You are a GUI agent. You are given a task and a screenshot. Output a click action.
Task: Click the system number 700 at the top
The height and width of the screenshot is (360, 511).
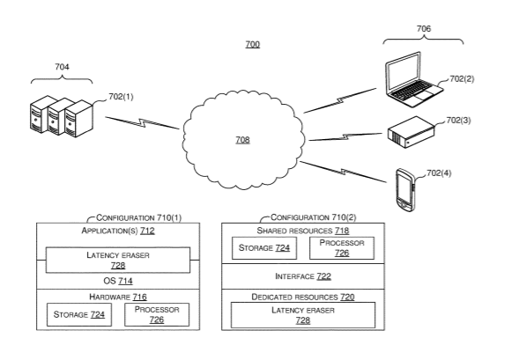click(x=253, y=44)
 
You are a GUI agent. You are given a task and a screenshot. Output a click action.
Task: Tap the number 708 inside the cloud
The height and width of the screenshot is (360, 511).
click(x=243, y=140)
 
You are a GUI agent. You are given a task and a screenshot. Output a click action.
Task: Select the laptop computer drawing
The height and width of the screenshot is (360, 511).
click(x=413, y=79)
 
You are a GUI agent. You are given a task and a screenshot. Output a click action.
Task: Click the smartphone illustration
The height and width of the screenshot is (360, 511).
click(x=405, y=190)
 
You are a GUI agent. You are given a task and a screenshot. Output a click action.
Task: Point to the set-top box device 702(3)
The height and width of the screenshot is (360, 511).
click(x=411, y=132)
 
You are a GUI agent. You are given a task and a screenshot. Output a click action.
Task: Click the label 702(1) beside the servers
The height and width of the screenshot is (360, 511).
click(x=121, y=97)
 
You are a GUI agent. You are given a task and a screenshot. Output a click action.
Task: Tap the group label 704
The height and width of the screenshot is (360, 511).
click(x=62, y=67)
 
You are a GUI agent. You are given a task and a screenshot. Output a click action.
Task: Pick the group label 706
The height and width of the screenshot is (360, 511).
click(x=424, y=29)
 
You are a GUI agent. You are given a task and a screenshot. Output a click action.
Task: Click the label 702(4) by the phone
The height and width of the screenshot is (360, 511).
click(x=439, y=173)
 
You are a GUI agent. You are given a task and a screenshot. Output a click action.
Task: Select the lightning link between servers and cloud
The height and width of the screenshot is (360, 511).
click(x=142, y=122)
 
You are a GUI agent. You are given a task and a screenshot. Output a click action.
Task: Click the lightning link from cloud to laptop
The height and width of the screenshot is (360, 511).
click(x=339, y=100)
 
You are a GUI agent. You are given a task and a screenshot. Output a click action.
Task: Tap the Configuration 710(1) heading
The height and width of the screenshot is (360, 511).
click(x=139, y=217)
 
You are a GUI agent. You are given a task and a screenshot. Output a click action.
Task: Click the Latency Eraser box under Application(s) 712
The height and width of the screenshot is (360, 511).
click(x=118, y=260)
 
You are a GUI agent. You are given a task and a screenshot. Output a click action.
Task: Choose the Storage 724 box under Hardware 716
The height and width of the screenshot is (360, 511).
click(x=79, y=314)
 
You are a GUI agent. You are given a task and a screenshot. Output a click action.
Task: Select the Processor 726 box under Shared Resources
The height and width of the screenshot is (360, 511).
click(x=342, y=248)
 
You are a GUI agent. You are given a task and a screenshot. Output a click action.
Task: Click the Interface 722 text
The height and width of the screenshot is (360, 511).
click(x=303, y=276)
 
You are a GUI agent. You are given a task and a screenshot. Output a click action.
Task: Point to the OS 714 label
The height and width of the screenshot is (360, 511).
click(x=118, y=281)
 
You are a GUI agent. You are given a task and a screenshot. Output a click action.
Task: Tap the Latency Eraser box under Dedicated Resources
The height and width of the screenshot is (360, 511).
click(x=303, y=315)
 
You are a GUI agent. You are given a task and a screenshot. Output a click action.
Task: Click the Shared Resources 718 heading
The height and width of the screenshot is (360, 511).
click(x=303, y=231)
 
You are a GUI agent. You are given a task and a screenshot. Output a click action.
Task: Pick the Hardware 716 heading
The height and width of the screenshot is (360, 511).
click(x=118, y=297)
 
